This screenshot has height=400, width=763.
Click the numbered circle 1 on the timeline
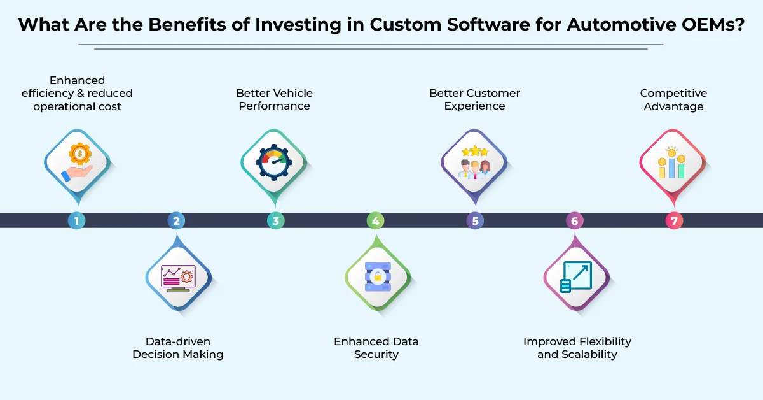coord(76,221)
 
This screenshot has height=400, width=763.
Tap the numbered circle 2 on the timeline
coord(176,221)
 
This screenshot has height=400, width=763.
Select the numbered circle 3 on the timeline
coord(275,221)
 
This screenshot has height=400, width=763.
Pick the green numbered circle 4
coord(375,221)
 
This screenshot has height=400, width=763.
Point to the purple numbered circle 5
coord(475,221)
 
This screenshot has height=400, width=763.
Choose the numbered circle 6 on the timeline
coord(574,221)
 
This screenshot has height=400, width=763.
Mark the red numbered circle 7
coord(674,221)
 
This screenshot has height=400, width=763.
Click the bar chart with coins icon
coord(672,162)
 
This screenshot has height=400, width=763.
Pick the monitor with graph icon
coord(178,278)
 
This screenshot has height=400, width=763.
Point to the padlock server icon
coord(377,278)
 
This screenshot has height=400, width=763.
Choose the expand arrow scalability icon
coord(576,278)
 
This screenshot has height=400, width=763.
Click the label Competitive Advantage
coord(673,100)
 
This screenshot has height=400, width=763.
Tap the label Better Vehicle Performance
coord(274,100)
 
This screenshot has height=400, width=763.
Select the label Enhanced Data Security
coord(376,348)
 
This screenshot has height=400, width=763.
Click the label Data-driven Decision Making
coord(178,348)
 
